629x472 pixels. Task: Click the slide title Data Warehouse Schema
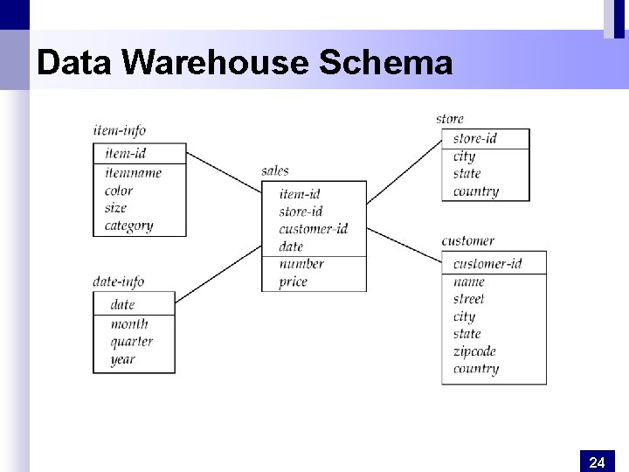click(x=245, y=63)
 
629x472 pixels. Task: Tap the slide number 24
click(x=597, y=462)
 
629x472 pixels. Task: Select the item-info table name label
click(x=119, y=131)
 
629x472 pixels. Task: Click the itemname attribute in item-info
click(x=133, y=173)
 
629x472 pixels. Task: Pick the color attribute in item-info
click(x=119, y=191)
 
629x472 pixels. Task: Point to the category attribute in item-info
click(x=128, y=226)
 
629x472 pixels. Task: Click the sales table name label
click(x=275, y=170)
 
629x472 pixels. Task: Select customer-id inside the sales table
click(x=313, y=229)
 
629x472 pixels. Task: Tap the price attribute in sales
click(x=294, y=281)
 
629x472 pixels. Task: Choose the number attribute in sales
click(x=301, y=264)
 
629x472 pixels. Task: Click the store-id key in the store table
click(x=475, y=138)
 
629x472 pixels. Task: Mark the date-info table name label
click(x=118, y=281)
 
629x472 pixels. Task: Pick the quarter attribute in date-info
click(x=131, y=342)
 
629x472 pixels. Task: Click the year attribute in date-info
click(x=122, y=359)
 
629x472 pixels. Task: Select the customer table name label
click(x=467, y=240)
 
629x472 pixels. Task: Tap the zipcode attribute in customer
click(x=474, y=351)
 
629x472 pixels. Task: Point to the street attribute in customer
click(x=468, y=299)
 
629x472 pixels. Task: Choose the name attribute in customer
click(x=468, y=281)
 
